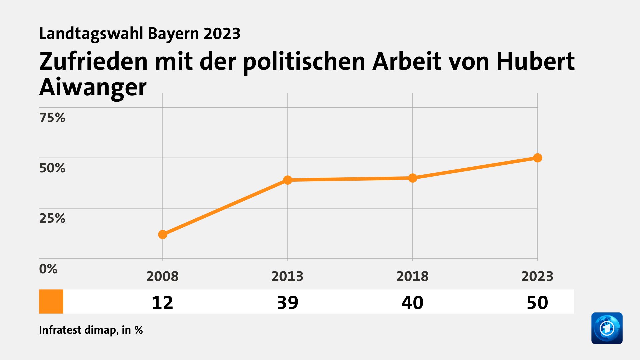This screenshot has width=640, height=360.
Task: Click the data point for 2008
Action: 163,235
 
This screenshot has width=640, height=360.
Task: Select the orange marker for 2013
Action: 288,180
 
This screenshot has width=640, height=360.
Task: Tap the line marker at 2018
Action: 413,178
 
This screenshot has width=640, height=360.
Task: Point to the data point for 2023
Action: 537,158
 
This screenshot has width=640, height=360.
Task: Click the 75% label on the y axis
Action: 52,118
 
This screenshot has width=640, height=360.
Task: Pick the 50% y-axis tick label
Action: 52,168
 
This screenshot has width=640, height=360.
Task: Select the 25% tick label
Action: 52,218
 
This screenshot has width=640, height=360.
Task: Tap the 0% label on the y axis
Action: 48,269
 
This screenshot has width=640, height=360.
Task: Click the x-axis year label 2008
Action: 162,276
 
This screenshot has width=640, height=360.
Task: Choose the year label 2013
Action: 287,276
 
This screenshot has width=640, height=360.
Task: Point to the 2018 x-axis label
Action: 412,276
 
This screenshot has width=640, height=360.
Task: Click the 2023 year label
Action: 537,276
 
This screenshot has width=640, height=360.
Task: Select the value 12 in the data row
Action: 162,303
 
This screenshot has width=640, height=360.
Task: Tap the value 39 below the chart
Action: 288,303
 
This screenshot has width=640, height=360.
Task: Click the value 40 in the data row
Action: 412,303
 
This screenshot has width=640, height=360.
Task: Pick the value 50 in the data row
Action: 537,303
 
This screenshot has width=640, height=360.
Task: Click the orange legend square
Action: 51,301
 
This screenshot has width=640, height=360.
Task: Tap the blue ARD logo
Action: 607,328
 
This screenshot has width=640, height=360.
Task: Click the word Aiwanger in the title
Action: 93,87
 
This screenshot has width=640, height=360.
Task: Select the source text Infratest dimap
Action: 78,330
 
